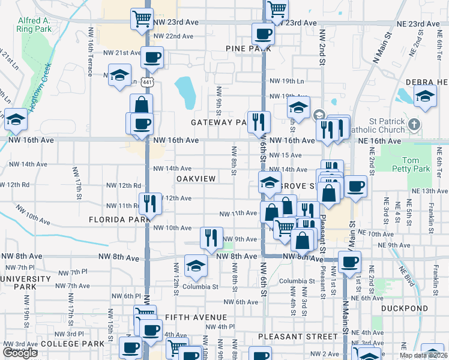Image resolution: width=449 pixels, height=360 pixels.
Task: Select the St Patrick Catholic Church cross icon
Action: click(x=414, y=124)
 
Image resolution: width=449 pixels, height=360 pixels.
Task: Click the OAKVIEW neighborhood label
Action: click(x=196, y=179)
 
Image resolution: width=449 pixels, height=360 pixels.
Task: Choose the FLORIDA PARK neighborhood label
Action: click(x=119, y=220)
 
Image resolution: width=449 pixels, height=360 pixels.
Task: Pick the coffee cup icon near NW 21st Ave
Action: click(x=152, y=58)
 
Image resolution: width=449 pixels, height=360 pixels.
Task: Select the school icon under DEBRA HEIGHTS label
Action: click(x=425, y=96)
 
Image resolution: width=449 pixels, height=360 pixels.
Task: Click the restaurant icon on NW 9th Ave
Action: click(x=211, y=237)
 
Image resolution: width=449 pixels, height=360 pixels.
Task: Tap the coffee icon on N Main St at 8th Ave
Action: click(x=349, y=262)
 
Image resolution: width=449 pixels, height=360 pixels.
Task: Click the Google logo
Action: click(x=20, y=353)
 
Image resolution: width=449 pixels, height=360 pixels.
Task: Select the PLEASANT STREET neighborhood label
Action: click(x=298, y=337)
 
